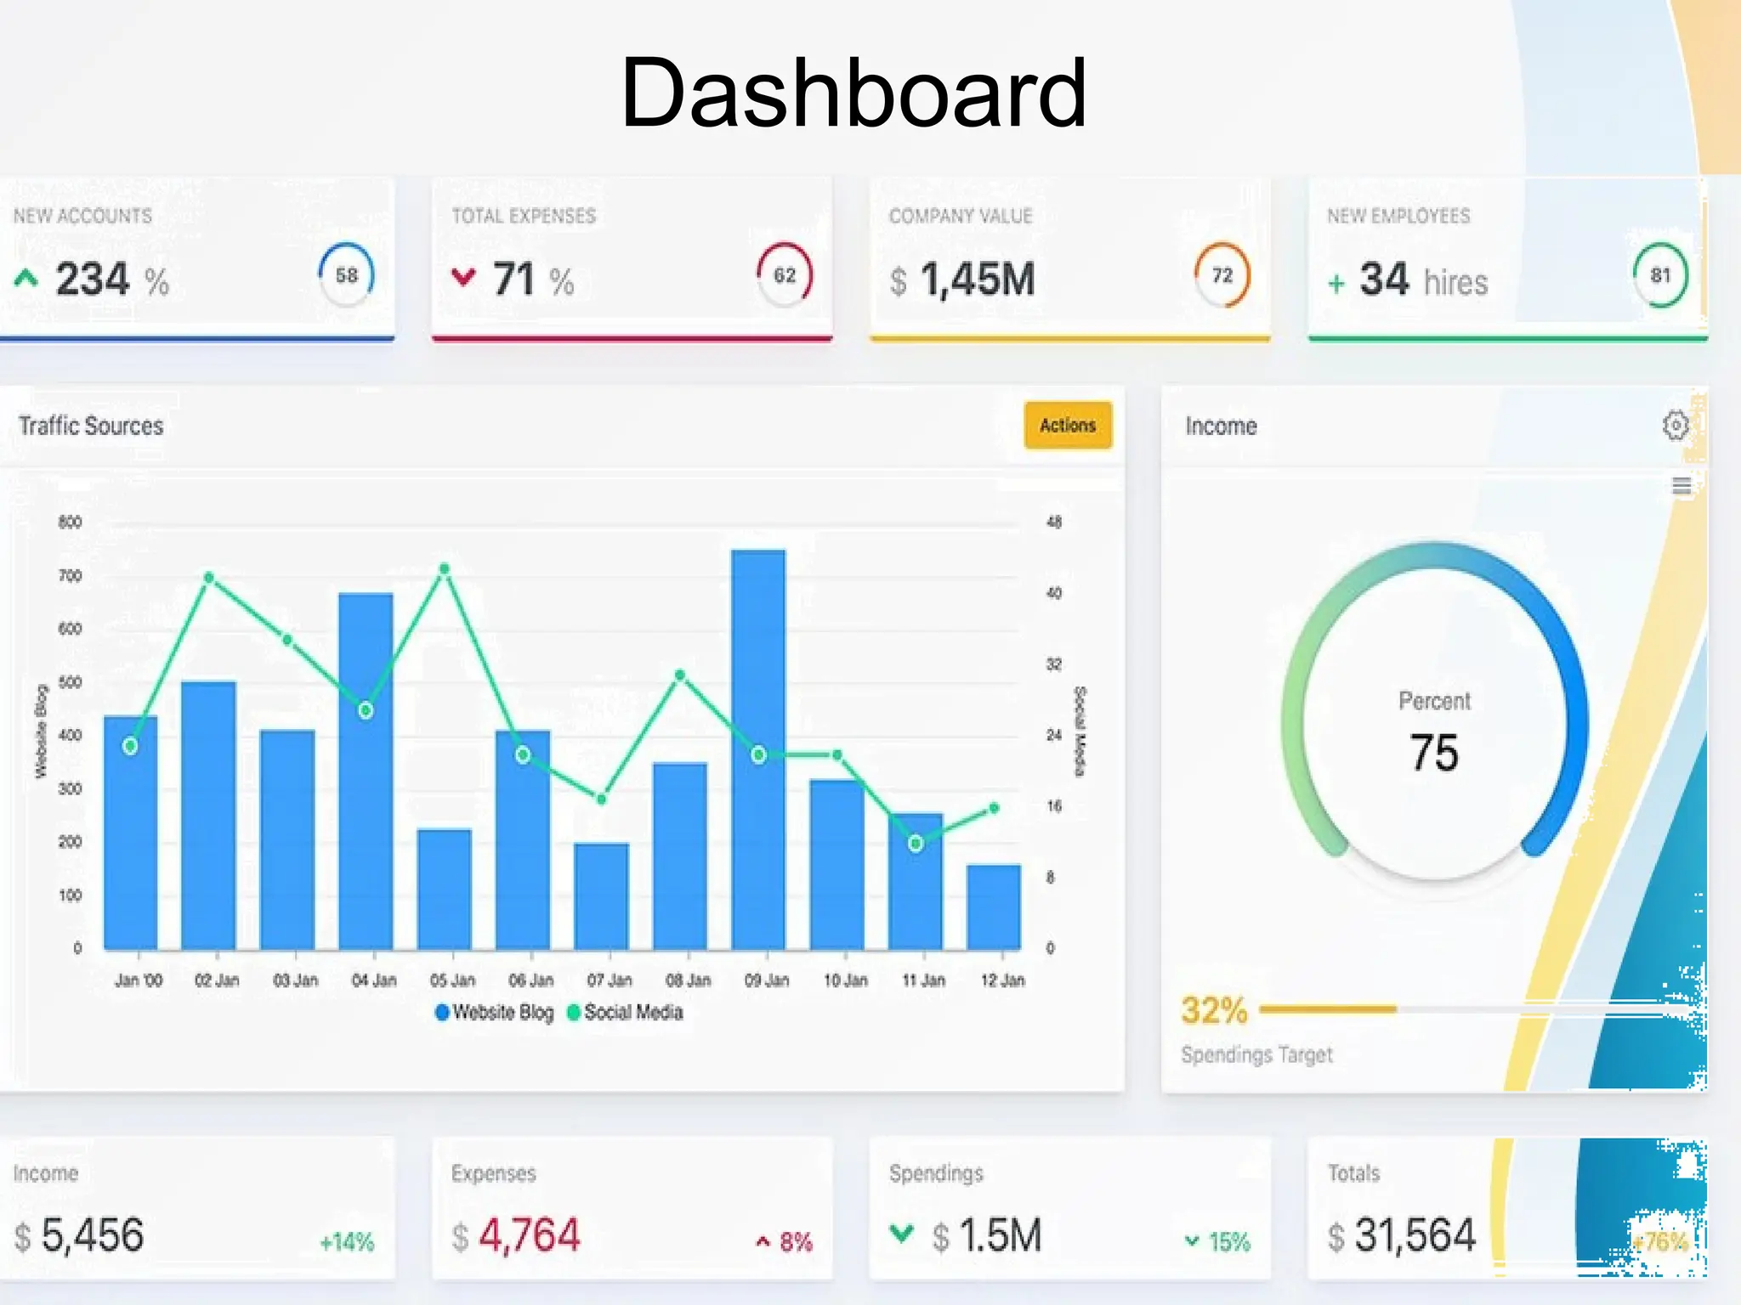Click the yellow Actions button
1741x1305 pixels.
tap(1068, 425)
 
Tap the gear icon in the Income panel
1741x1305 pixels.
tap(1675, 425)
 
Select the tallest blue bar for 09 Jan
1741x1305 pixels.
tap(758, 748)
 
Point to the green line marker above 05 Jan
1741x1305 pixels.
tap(445, 568)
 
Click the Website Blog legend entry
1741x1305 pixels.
tap(494, 1012)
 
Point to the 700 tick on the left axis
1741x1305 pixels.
tap(71, 576)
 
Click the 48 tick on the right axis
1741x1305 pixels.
tap(1054, 522)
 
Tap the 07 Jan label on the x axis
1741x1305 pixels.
tap(610, 980)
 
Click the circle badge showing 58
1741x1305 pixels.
tap(347, 274)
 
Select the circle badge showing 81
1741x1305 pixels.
tap(1660, 274)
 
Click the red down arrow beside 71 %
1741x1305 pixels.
tap(463, 277)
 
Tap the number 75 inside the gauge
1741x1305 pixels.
tap(1434, 753)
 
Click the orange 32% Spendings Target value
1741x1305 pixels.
tap(1214, 1011)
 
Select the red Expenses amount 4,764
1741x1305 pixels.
tap(529, 1235)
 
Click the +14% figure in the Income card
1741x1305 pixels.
tap(347, 1242)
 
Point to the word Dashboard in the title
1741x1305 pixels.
tap(853, 92)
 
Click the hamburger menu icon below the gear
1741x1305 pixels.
tap(1681, 486)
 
